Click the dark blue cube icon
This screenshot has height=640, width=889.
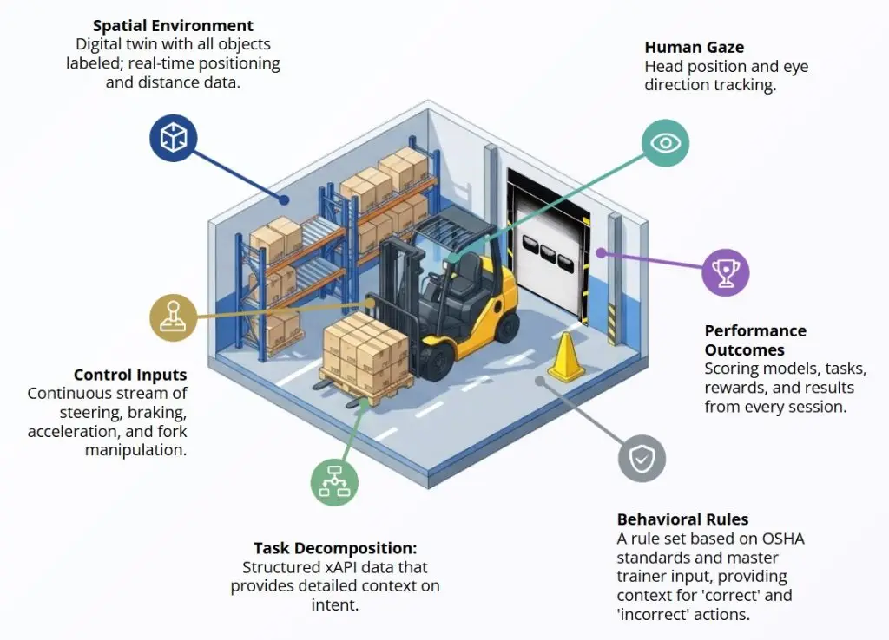[174, 138]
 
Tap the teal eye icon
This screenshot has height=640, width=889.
[665, 142]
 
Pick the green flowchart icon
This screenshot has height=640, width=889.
[334, 482]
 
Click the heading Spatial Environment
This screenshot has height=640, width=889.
[173, 26]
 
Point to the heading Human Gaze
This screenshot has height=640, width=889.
[695, 48]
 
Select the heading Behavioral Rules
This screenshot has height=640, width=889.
[682, 519]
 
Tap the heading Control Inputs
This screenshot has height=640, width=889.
[130, 376]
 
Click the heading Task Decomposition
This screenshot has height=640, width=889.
[335, 548]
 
